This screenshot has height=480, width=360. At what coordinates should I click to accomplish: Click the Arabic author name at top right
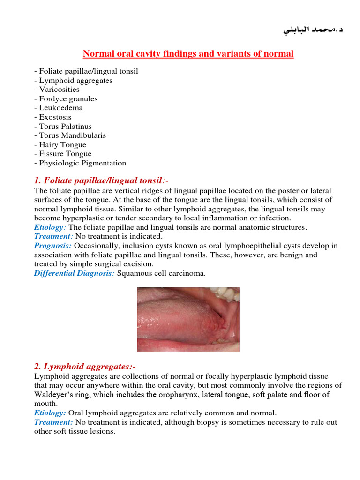point(313,30)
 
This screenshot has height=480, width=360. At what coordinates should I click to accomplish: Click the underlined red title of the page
point(188,54)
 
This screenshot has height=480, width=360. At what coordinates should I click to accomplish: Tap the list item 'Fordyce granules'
point(66,99)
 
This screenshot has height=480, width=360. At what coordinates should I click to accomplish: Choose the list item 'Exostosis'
point(53,117)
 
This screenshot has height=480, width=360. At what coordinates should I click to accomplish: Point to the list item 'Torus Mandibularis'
point(70,135)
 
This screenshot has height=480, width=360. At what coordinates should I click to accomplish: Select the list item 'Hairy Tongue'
point(60,145)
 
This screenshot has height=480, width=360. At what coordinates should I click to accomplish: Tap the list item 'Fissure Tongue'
point(63,154)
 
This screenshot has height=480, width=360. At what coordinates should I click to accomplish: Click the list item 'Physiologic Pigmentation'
point(80,163)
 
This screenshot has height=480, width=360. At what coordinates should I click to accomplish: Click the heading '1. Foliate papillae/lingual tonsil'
point(98,180)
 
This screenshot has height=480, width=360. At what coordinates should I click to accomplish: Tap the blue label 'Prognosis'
point(52,246)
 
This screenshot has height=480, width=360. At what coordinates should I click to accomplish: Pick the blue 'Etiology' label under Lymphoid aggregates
point(50,413)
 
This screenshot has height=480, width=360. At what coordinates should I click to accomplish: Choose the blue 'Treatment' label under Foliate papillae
point(53,237)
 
